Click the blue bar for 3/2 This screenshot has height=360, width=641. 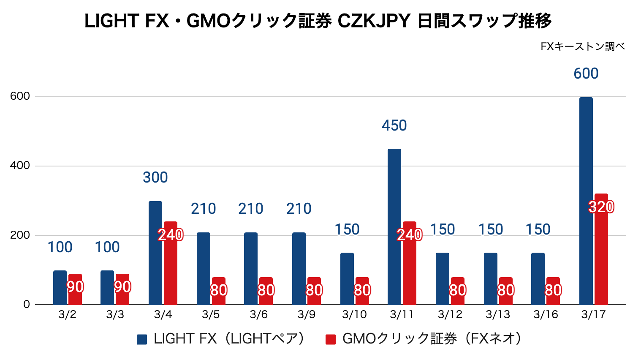(x=60, y=287)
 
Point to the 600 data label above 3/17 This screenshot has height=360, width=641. (x=586, y=74)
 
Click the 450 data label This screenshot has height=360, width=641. (x=394, y=125)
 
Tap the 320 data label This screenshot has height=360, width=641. (x=601, y=207)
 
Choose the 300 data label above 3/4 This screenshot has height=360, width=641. (x=155, y=177)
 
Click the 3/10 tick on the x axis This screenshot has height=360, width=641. (x=354, y=315)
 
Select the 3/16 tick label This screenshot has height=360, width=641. (x=546, y=315)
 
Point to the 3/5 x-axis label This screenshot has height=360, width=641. (x=211, y=315)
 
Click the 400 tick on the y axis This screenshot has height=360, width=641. (x=20, y=166)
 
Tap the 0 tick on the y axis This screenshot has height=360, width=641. (x=27, y=305)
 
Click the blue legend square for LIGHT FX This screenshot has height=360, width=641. (x=142, y=339)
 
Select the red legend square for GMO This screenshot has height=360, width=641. (x=331, y=339)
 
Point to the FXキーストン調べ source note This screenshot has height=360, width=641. (x=582, y=46)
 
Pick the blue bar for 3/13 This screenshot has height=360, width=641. (x=490, y=279)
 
